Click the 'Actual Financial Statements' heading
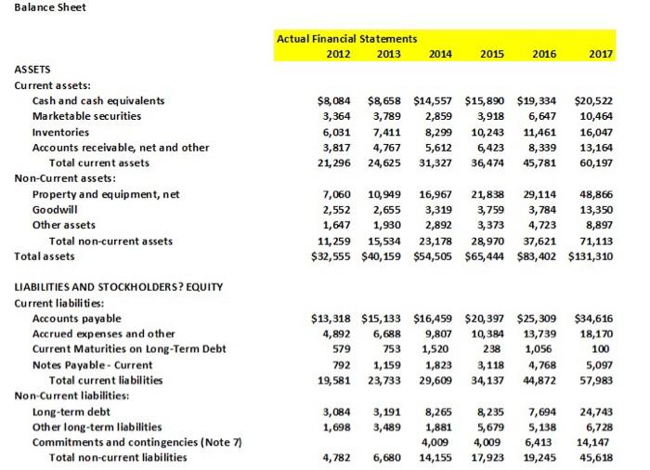347,39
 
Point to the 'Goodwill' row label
55,210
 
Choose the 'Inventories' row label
61,132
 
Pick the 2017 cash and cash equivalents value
594,100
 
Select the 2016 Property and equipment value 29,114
544,194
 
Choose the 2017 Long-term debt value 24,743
595,411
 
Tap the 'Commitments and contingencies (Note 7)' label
137,441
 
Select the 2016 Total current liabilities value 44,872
544,380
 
